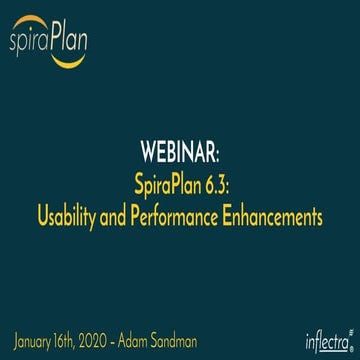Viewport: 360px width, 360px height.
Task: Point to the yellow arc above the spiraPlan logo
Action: point(50,18)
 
